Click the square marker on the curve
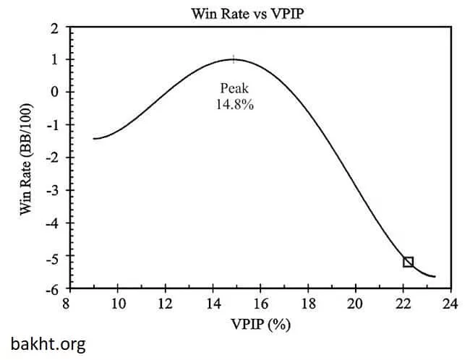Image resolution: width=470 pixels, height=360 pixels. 408,262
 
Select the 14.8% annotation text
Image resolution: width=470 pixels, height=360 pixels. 234,103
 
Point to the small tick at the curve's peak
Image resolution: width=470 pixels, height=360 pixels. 234,59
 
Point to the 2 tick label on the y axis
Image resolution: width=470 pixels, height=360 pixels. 54,27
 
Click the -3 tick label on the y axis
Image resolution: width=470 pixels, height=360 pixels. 51,191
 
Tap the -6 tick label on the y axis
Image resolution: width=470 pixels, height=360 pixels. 51,289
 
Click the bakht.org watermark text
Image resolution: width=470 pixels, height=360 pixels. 48,344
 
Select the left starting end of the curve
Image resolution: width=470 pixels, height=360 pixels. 94,138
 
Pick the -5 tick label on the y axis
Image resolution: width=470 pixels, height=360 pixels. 51,257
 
